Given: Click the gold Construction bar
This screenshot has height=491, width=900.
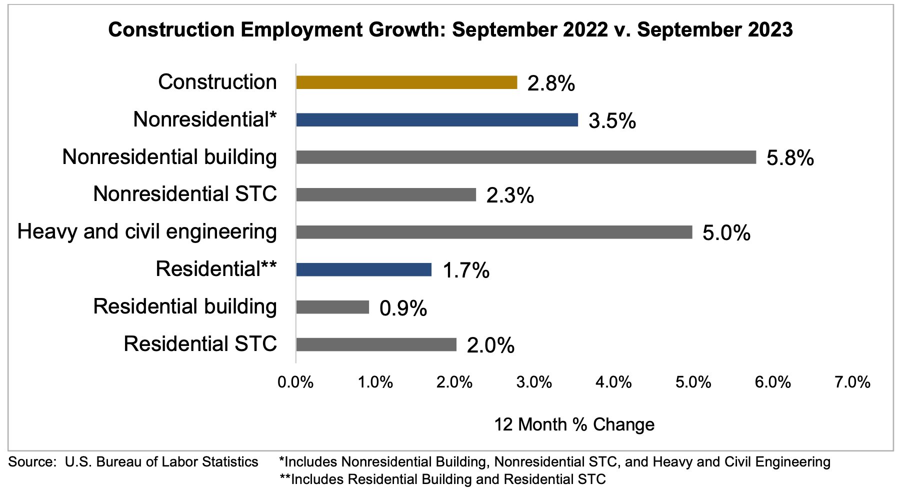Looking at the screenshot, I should (406, 82).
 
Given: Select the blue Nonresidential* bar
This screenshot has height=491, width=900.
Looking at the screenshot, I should (436, 120).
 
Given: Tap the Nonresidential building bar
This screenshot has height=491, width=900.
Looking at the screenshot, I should (525, 157).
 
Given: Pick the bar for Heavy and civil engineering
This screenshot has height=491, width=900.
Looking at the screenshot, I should (494, 232).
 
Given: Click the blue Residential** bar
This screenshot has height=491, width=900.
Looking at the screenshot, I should (363, 269).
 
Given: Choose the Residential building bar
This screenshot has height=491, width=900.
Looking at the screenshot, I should (332, 307).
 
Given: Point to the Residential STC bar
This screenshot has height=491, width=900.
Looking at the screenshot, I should (376, 344).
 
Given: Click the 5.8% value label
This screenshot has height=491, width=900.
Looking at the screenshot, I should (790, 158).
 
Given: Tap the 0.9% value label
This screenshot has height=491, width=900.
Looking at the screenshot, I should (403, 308).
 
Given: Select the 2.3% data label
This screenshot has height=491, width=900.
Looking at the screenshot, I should (510, 195).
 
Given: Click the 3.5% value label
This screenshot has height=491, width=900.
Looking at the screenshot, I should (612, 121).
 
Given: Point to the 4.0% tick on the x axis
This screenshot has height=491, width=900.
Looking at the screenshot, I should (613, 382).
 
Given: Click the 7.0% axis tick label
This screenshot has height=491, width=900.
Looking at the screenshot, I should (852, 382).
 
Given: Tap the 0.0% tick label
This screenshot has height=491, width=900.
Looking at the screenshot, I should (295, 382).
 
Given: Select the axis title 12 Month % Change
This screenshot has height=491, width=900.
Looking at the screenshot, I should (574, 424).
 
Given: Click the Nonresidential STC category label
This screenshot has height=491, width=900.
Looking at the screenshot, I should (185, 194).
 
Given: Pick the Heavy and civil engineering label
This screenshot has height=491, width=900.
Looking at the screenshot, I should (147, 231).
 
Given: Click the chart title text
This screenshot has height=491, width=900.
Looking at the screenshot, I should (450, 30).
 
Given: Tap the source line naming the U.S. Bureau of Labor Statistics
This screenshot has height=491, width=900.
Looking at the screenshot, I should (133, 461).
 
